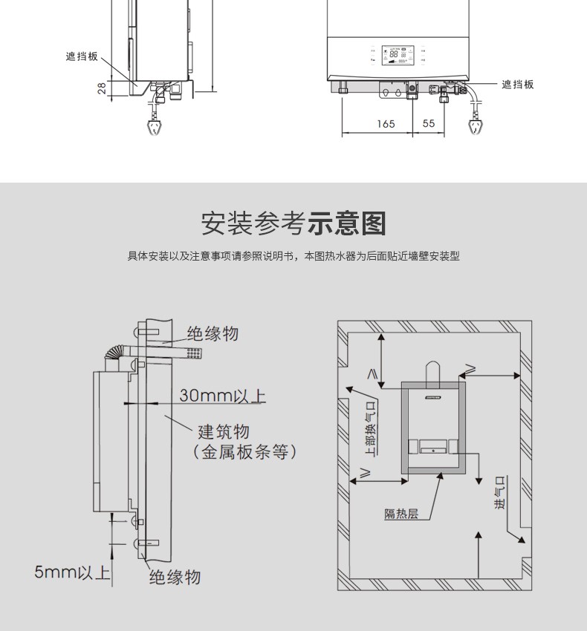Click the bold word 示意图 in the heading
click(x=348, y=223)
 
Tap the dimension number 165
click(x=386, y=124)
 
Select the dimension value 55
click(x=429, y=124)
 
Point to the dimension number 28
click(x=101, y=88)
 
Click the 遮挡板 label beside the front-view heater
click(x=517, y=85)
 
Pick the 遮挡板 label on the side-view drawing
click(x=82, y=56)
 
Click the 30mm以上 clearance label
click(x=222, y=395)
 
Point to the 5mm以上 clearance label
click(x=72, y=572)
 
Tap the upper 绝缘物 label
click(x=213, y=334)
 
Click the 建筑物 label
click(x=223, y=431)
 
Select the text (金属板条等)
click(x=244, y=452)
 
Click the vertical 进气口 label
click(x=499, y=493)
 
